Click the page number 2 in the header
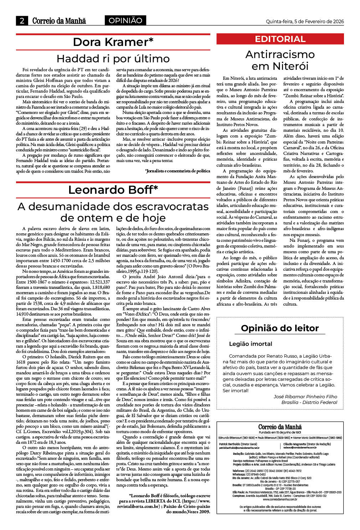22,21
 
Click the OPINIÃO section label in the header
125,21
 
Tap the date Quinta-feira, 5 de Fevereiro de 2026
305,21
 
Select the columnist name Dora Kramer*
113,42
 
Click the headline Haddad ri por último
113,58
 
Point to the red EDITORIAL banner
280,39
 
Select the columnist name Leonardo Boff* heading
113,190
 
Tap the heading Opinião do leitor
280,328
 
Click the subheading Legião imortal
250,344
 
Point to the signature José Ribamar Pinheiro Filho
305,396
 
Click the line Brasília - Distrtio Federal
309,402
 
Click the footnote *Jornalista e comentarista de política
178,171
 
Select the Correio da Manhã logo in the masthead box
280,427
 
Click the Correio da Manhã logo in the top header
59,21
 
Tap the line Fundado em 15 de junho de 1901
280,432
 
